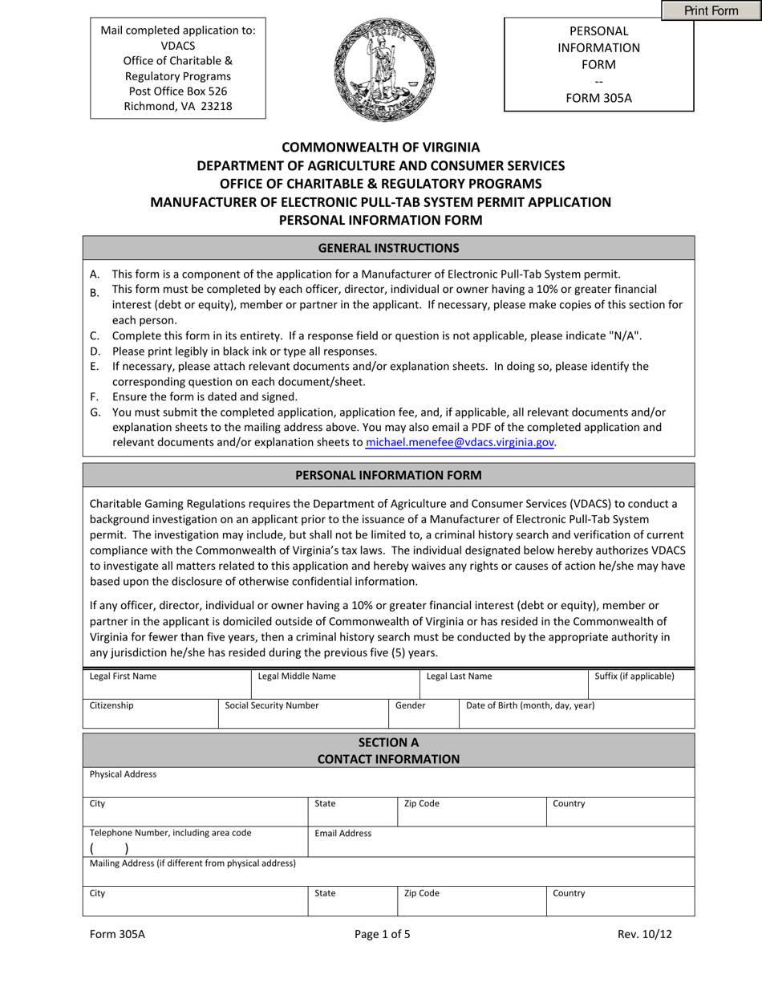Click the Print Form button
[711, 10]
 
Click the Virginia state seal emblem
[384, 71]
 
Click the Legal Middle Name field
[334, 683]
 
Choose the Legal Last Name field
[503, 683]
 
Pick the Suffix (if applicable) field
[641, 683]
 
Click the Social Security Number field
[302, 713]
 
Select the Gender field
[424, 713]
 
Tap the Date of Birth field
[576, 713]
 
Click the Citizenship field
[150, 713]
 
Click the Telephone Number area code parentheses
[108, 848]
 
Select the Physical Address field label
[124, 774]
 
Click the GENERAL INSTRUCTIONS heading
[388, 248]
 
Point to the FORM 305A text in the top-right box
[598, 98]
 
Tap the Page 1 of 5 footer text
[382, 934]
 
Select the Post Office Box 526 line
[177, 91]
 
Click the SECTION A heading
[388, 742]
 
